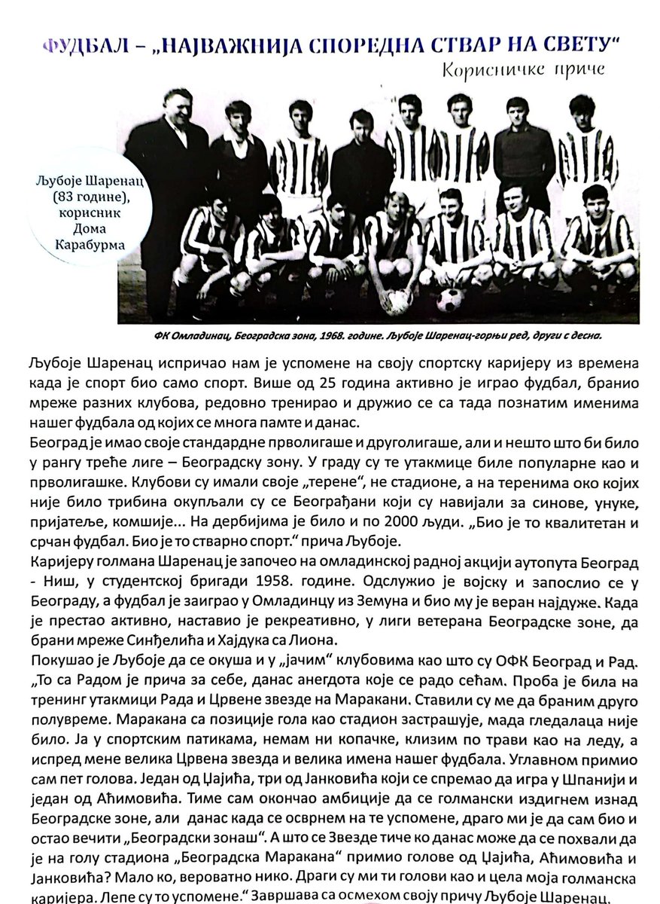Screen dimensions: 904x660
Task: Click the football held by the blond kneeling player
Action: (x=397, y=301)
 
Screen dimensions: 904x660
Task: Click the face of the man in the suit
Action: (x=175, y=107)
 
